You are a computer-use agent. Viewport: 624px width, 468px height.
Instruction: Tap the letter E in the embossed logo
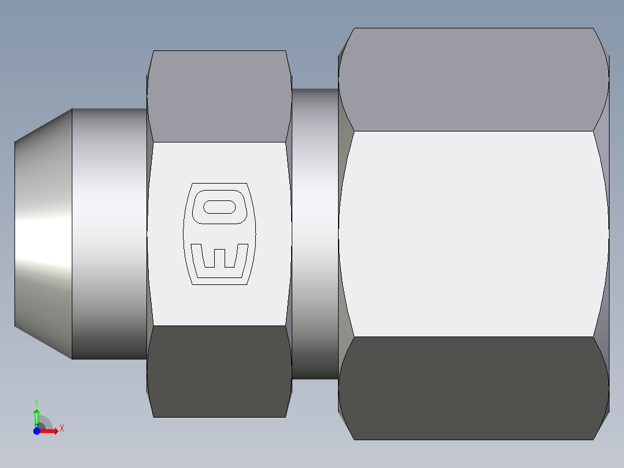click(219, 258)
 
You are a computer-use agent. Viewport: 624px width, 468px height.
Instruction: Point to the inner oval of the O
click(219, 206)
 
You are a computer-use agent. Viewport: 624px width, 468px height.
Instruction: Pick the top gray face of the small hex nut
click(219, 96)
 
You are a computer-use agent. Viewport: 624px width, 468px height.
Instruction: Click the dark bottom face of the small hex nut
click(219, 371)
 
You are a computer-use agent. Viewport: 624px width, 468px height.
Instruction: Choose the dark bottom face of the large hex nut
click(473, 388)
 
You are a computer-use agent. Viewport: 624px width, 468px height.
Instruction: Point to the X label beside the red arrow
click(62, 428)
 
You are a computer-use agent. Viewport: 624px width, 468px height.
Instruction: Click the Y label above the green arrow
click(36, 402)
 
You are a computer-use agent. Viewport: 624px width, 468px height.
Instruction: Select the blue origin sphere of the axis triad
click(36, 431)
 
